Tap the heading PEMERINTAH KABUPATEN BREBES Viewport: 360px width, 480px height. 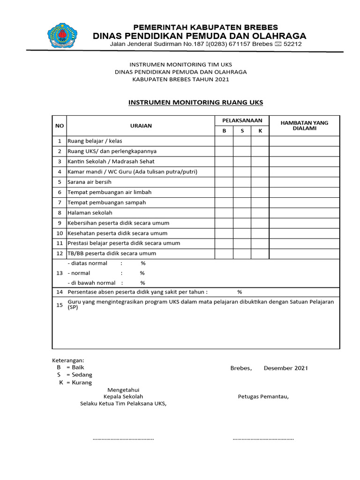[x=206, y=27]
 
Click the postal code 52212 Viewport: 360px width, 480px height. [x=292, y=44]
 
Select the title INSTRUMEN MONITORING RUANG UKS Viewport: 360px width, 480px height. [x=196, y=102]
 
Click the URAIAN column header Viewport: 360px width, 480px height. [x=141, y=126]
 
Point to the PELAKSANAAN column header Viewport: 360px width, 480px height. [x=242, y=120]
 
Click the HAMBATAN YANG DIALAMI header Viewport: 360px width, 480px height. [x=304, y=126]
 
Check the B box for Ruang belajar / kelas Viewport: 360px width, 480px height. [x=224, y=141]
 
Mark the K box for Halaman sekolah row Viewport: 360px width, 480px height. [x=260, y=212]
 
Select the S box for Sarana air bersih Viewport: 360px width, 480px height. [x=242, y=182]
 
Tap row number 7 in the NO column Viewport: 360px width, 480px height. [x=60, y=202]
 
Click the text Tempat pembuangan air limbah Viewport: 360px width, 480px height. [x=110, y=192]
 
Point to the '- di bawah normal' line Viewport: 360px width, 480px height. [x=92, y=283]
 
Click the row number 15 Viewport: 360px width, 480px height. [x=60, y=305]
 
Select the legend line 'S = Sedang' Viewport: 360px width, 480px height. [x=75, y=375]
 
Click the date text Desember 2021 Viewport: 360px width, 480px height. [x=285, y=368]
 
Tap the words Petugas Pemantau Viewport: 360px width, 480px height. [x=263, y=397]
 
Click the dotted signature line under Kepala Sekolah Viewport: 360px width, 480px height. [x=123, y=439]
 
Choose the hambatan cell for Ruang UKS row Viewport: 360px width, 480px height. [x=304, y=151]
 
